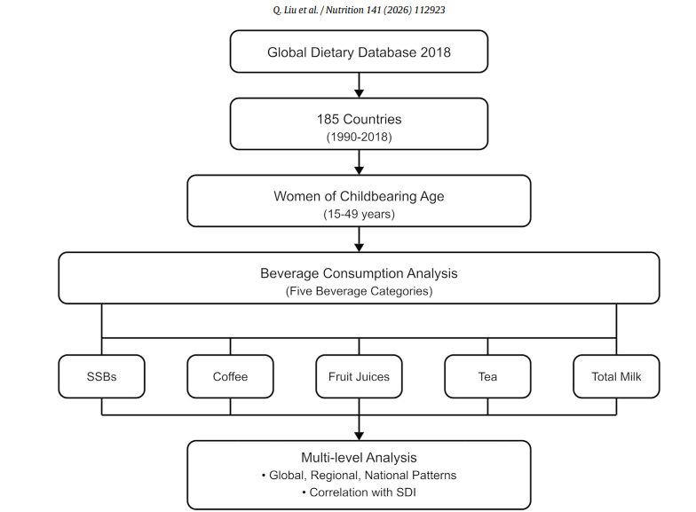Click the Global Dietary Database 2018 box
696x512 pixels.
click(359, 51)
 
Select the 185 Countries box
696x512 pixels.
click(359, 124)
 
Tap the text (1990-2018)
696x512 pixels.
click(359, 137)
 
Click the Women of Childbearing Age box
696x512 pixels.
click(359, 201)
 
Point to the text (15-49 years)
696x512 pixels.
click(359, 214)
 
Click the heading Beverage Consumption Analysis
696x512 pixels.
click(359, 273)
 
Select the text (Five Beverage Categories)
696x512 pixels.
click(359, 291)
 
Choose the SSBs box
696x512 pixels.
click(101, 376)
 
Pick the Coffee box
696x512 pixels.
click(230, 376)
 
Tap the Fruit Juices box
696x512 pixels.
click(359, 376)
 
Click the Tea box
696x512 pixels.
click(487, 376)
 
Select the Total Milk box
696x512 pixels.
click(616, 376)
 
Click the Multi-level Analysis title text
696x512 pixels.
click(359, 458)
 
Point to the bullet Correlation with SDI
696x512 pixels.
click(359, 492)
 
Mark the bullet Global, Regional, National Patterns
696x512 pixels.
click(359, 476)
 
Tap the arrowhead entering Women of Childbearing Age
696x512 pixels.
click(359, 170)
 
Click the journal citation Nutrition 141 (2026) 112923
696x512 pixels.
click(385, 10)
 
